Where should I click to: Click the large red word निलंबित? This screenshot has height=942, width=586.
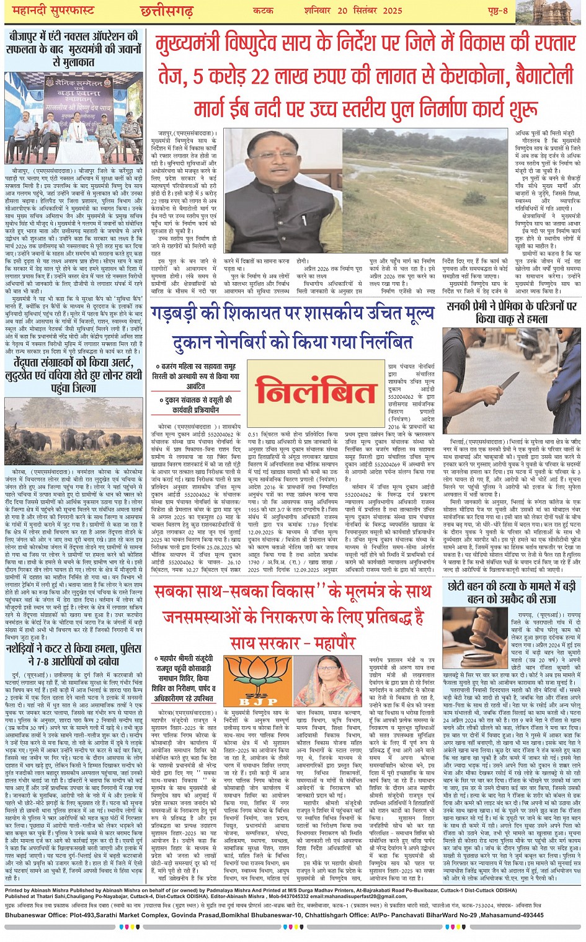[316, 393]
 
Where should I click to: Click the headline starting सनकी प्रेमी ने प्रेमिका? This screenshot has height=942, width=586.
[512, 313]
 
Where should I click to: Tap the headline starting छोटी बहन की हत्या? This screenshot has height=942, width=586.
[512, 592]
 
